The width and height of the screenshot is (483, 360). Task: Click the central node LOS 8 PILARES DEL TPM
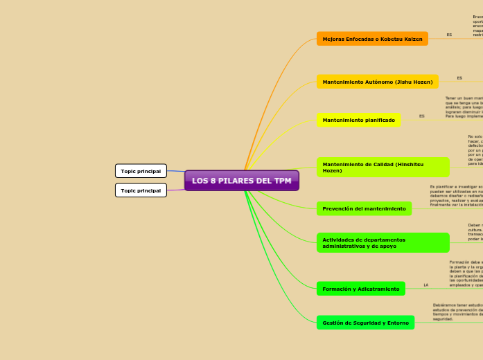point(241,181)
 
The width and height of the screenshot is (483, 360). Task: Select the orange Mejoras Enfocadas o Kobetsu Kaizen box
point(372,39)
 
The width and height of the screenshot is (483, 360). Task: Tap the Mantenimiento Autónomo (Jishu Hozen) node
point(377,82)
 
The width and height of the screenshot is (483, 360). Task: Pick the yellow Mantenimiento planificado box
point(358,120)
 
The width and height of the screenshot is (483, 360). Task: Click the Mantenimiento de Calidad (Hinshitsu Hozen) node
point(383,167)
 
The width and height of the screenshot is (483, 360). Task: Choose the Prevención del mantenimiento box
point(364,208)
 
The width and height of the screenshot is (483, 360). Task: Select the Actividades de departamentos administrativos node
point(383,242)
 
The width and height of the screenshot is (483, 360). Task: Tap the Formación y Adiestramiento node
point(360,289)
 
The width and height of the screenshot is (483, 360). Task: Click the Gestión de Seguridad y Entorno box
point(365,323)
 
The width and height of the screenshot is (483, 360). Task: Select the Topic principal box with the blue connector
point(141,171)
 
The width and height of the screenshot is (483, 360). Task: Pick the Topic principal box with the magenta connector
point(141,190)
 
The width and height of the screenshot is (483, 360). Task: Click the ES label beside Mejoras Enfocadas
point(449,35)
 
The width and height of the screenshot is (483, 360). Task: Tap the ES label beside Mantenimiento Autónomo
point(459,78)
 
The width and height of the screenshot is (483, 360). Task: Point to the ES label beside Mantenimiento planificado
point(421,116)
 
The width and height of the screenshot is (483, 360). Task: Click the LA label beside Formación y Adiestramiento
point(425,285)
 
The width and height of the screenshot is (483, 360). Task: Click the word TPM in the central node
point(282,181)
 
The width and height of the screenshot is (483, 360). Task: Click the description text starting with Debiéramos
point(457,312)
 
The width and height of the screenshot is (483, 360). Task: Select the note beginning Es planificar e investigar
point(456,196)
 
